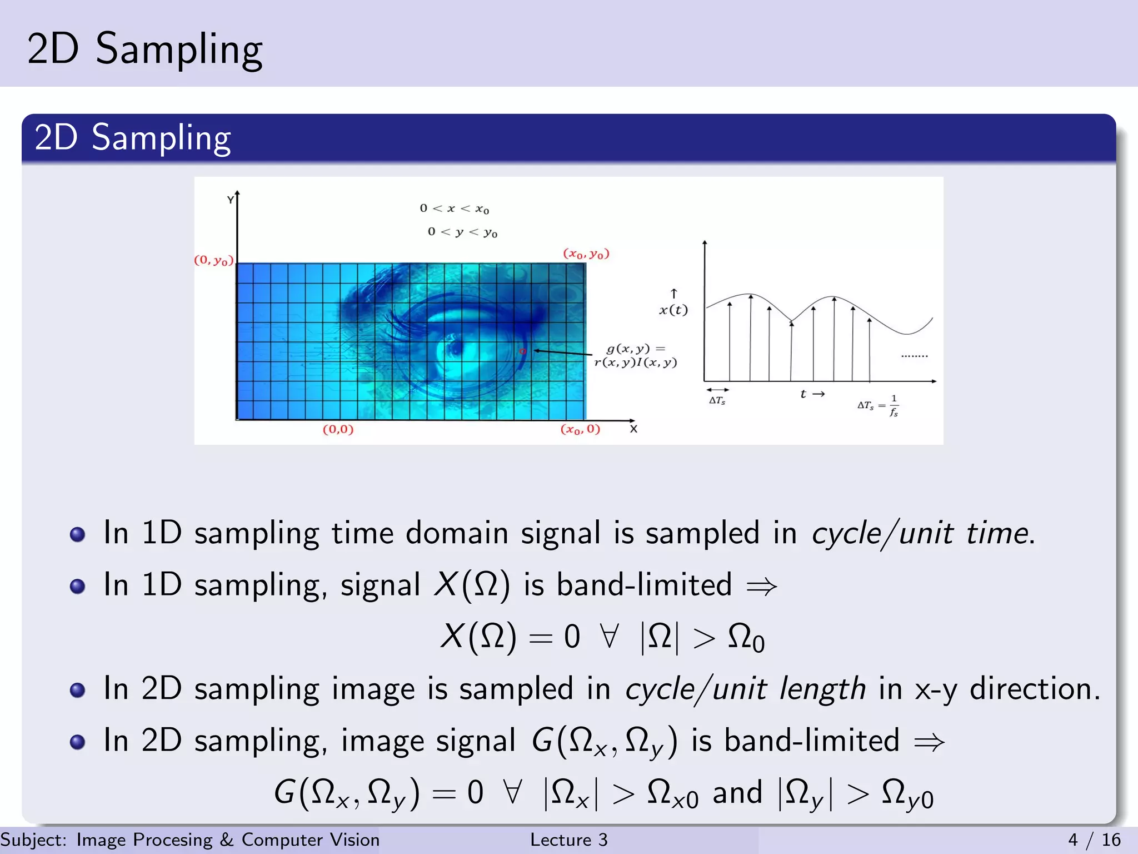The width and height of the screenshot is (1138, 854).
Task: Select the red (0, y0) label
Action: coord(214,260)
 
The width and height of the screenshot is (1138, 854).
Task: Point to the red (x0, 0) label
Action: coord(580,429)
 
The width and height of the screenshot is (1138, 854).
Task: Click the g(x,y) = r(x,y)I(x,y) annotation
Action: coord(636,356)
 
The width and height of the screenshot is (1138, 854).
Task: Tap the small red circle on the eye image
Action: coord(522,351)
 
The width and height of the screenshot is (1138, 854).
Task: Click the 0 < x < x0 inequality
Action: coord(454,208)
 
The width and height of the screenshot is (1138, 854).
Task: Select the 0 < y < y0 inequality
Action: coord(462,232)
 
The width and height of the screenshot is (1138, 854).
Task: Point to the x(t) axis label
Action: coord(673,310)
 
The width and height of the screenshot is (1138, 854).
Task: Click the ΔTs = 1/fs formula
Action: coord(878,406)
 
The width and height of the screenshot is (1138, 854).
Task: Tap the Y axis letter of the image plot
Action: coord(230,200)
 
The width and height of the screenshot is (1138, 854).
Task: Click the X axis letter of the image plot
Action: coord(633,429)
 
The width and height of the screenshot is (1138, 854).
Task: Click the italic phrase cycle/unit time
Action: coord(920,533)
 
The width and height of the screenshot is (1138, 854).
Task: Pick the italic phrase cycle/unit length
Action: coord(745,689)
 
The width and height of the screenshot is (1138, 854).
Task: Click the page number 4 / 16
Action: coord(1094,840)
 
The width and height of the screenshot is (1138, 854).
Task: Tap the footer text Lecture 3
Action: coord(568,840)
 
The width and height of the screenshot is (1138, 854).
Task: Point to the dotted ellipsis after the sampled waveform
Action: coord(914,356)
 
